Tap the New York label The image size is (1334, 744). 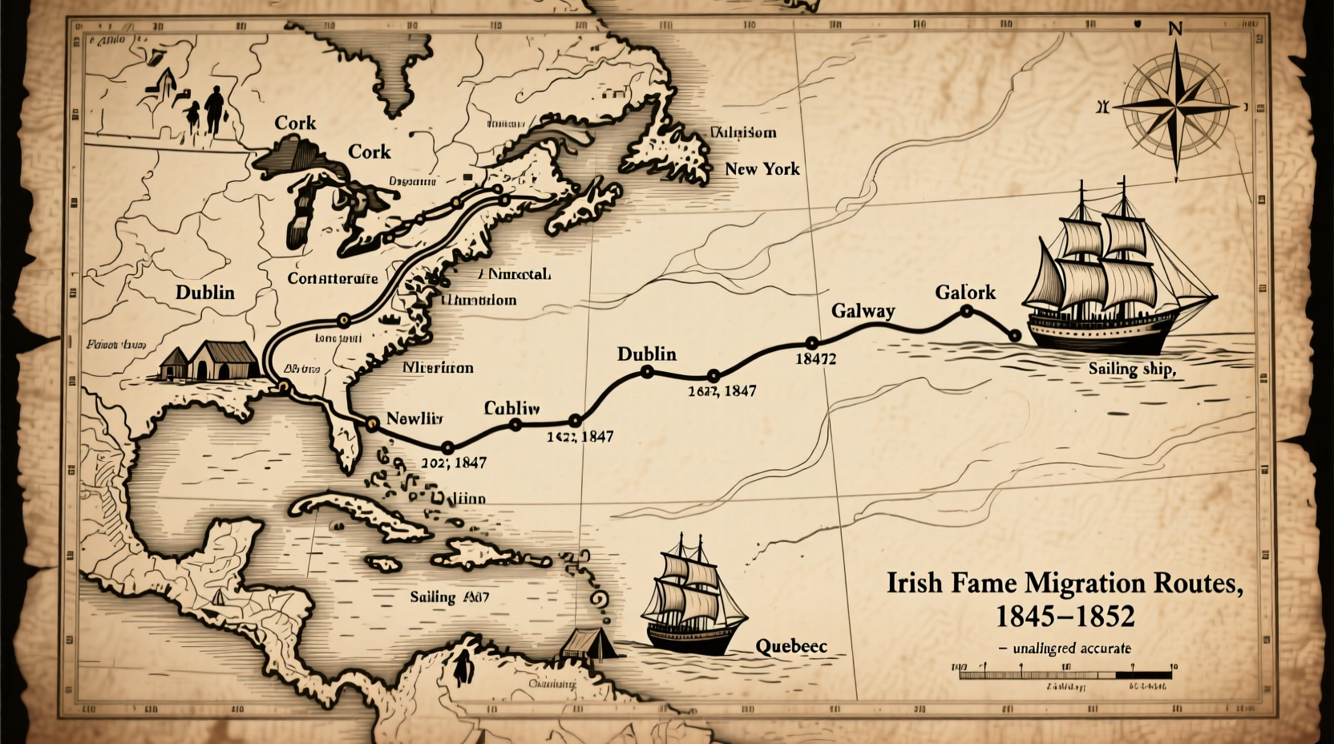click(762, 168)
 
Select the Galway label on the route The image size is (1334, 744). click(863, 310)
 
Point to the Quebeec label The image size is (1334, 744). click(790, 645)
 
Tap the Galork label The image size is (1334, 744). click(964, 292)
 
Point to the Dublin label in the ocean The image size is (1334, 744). click(646, 354)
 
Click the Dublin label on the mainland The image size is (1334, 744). click(205, 292)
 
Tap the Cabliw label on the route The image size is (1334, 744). click(511, 407)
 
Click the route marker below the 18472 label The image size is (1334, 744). click(811, 342)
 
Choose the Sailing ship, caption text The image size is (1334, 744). click(1131, 369)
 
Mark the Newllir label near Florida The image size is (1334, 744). click(414, 418)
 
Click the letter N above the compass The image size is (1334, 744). click(1175, 30)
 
